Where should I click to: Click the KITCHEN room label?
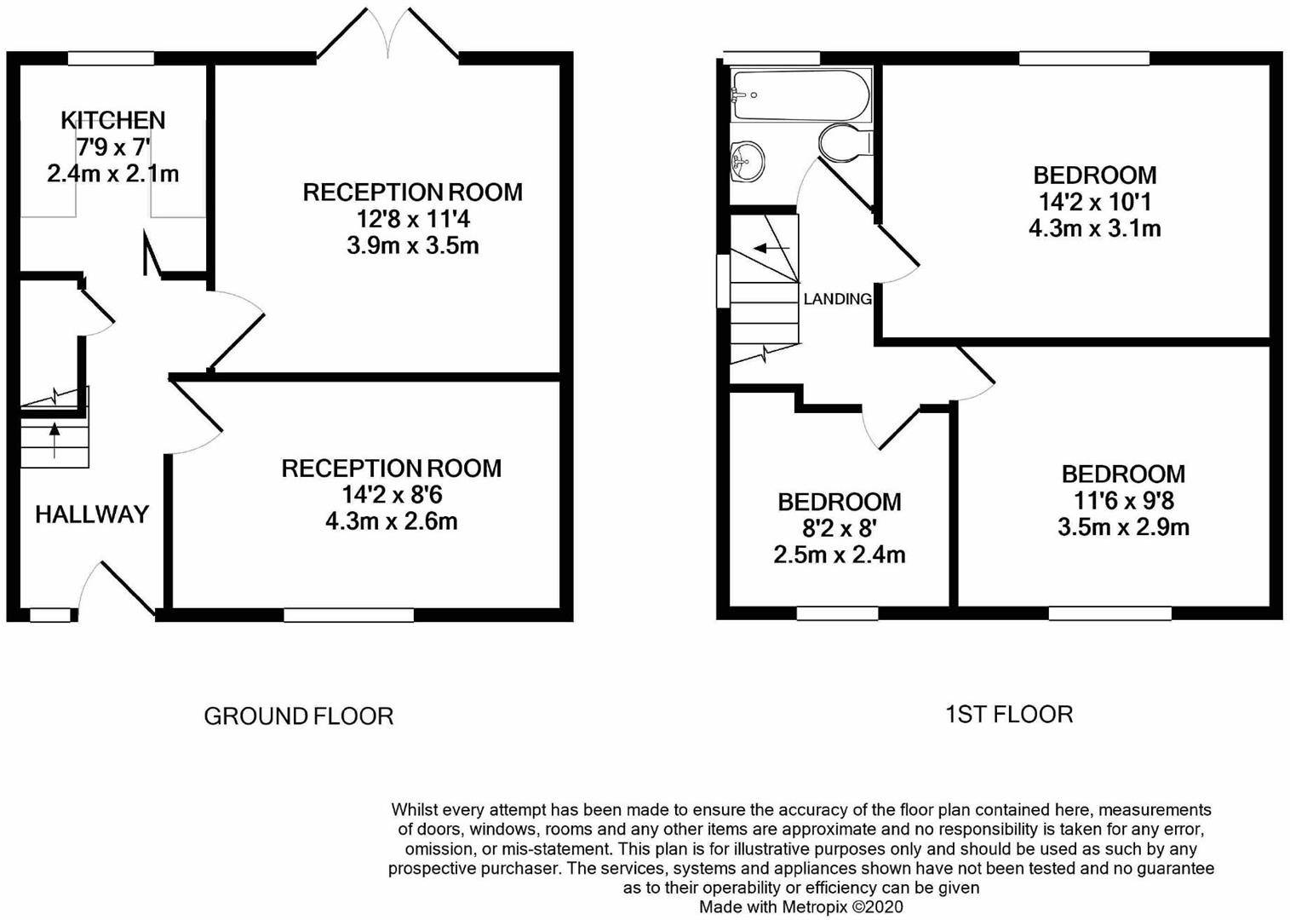pos(112,120)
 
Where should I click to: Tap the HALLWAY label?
pos(92,514)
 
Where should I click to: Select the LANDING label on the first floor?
pos(837,299)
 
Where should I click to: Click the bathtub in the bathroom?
pos(800,95)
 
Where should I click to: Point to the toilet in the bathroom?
pos(844,142)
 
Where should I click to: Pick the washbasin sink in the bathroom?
pos(747,160)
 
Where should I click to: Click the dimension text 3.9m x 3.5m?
pos(412,246)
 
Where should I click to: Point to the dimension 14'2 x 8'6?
pos(392,495)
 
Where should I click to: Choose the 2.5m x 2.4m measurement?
pos(839,555)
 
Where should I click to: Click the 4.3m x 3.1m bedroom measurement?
pos(1094,228)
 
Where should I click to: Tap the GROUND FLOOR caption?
pos(298,716)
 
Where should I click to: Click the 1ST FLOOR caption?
pos(1009,714)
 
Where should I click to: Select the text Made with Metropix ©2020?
pos(800,907)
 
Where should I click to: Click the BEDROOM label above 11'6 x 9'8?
pos(1122,474)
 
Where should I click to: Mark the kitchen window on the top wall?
pos(111,59)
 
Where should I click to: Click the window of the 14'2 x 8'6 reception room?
pos(348,615)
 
